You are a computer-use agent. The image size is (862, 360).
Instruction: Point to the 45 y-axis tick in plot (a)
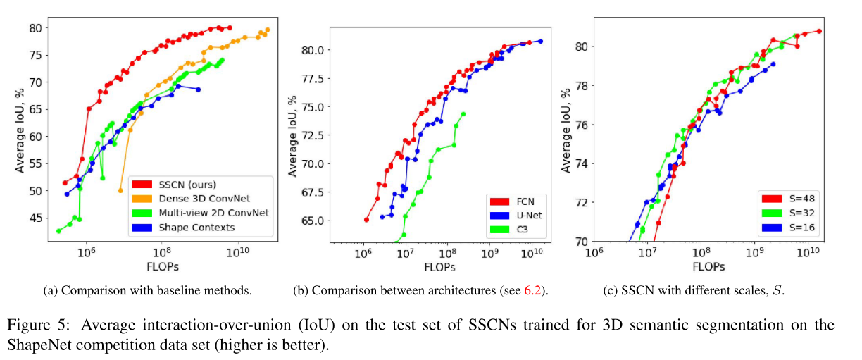[36, 218]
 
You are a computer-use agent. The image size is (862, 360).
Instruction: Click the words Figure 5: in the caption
[37, 325]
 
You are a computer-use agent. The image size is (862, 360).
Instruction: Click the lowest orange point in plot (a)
[120, 190]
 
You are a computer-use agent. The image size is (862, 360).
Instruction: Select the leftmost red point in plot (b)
[366, 220]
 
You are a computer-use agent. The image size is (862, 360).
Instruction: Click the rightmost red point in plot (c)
[819, 31]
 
